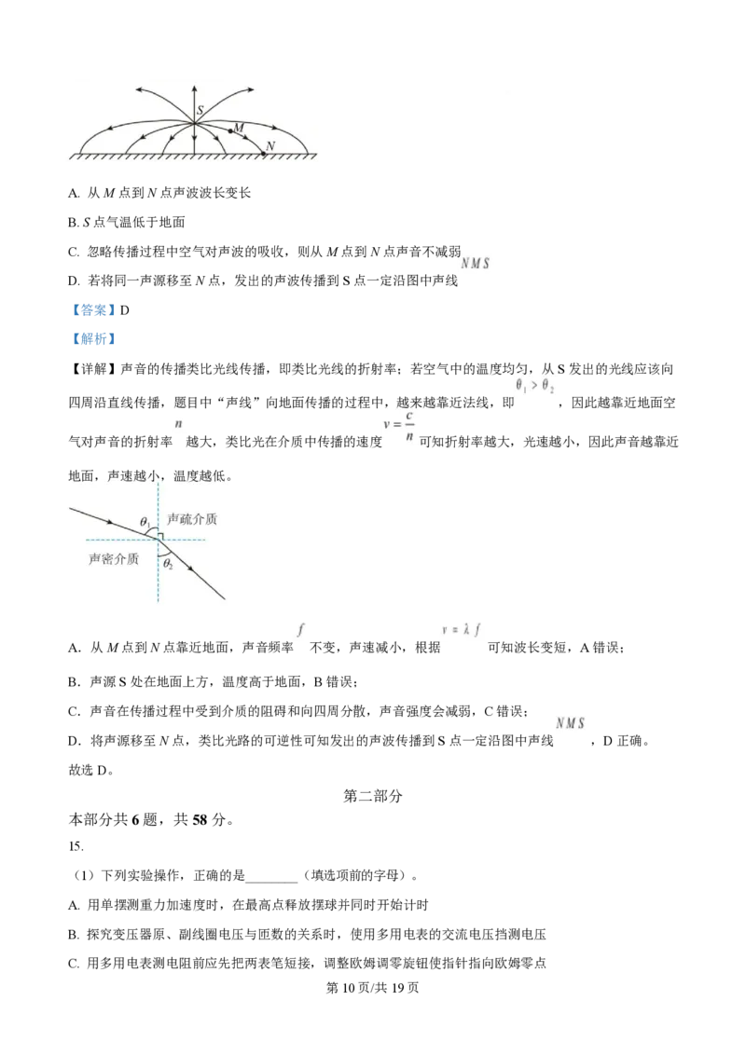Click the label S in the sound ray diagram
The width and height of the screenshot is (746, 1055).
click(200, 110)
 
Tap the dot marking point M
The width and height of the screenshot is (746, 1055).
click(230, 130)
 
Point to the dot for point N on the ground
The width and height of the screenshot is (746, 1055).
click(263, 154)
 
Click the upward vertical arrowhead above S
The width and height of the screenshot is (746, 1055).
click(195, 90)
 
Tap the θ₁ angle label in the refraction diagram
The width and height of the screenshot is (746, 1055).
click(145, 522)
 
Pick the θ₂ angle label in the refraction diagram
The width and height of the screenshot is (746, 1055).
click(169, 564)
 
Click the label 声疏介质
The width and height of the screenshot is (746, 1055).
click(192, 519)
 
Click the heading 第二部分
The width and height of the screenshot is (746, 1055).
click(373, 796)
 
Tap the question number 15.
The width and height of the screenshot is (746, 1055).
click(76, 846)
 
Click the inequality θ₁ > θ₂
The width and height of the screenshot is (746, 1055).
click(535, 386)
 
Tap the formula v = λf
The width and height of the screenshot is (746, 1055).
click(462, 630)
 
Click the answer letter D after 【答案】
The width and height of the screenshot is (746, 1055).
click(125, 310)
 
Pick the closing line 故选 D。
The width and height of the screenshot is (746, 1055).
click(91, 771)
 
